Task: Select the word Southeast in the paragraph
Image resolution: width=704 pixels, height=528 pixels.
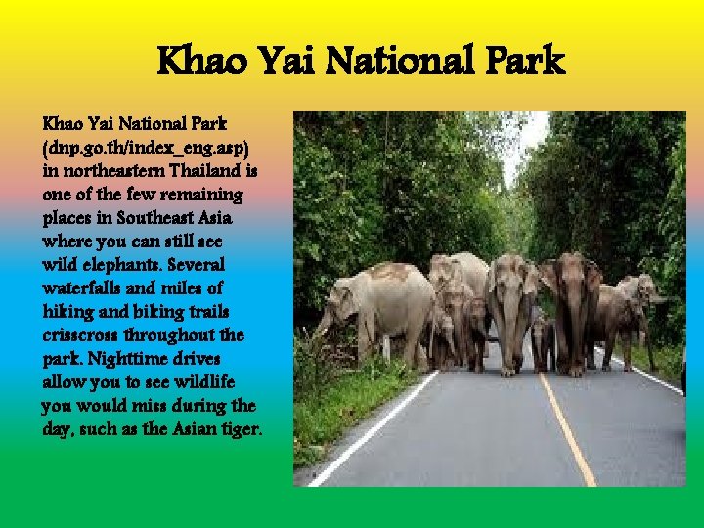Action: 154,216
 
